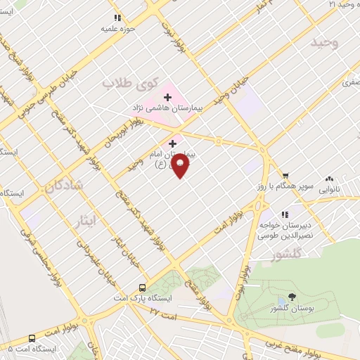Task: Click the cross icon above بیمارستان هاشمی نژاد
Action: click(x=167, y=97)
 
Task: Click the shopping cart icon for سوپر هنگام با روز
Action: click(x=285, y=176)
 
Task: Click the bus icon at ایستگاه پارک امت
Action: click(x=143, y=288)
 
